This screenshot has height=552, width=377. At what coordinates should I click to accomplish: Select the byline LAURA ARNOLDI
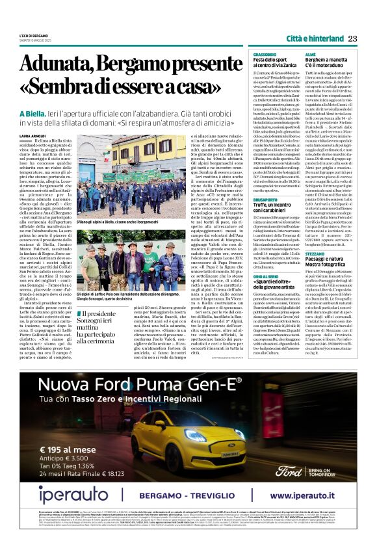coord(33,135)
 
